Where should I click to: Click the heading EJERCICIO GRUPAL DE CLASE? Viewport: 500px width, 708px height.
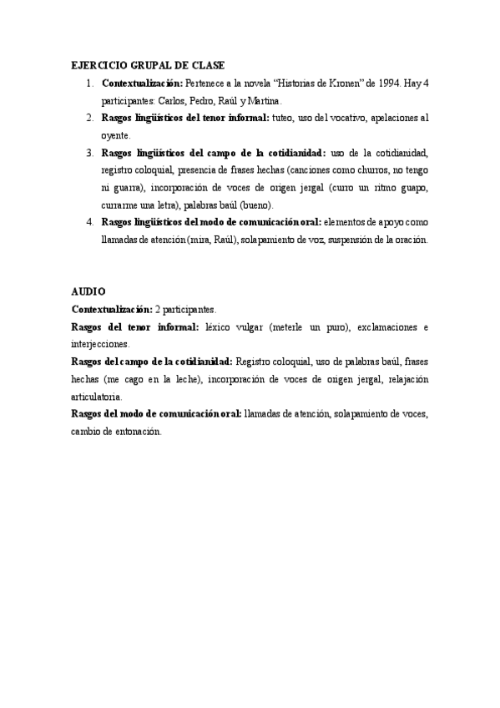[148, 65]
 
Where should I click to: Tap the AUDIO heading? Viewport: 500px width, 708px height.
[88, 291]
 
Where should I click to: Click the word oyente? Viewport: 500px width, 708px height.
[115, 135]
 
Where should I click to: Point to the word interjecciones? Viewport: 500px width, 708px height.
[101, 343]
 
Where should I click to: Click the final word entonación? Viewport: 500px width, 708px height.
[138, 432]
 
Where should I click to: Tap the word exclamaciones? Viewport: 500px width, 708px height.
[376, 326]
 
